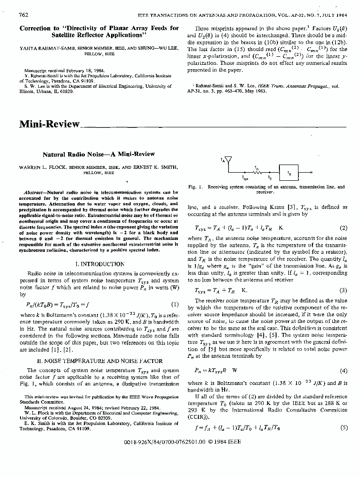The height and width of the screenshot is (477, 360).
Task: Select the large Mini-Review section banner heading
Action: click(50, 124)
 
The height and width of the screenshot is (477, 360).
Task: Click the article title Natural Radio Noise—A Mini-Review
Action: click(99, 155)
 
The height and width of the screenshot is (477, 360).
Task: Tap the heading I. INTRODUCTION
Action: click(100, 264)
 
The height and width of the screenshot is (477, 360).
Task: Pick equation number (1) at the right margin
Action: click(174, 304)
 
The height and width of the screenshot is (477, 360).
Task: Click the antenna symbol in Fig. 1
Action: click(228, 159)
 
